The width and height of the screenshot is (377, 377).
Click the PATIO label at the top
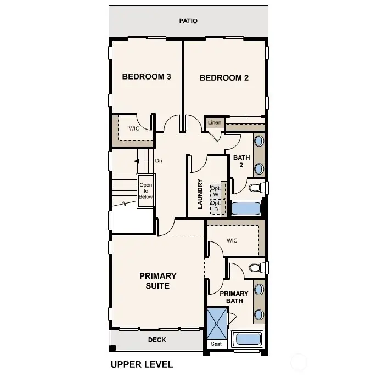tap(188, 21)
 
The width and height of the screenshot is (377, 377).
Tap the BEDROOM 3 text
tap(146, 77)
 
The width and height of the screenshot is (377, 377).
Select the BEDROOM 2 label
tap(224, 78)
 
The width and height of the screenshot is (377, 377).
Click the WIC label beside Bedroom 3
tap(134, 128)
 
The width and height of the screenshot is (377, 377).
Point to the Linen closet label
tap(215, 122)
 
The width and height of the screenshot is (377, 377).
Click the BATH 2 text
tap(241, 161)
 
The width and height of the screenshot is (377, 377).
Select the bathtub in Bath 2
tap(246, 209)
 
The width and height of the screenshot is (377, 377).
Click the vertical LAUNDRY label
tap(200, 193)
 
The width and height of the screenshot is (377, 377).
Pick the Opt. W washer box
tap(216, 191)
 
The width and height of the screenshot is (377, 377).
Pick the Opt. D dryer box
tap(216, 206)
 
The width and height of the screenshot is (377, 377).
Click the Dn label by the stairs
tap(159, 161)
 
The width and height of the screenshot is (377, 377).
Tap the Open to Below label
tap(146, 190)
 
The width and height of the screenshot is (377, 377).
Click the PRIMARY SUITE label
tap(157, 280)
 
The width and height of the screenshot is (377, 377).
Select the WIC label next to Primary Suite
tap(232, 240)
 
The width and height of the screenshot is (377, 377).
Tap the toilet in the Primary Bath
tap(256, 268)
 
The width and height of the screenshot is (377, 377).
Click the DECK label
tap(157, 340)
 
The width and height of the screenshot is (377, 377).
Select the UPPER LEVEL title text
tap(142, 364)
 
